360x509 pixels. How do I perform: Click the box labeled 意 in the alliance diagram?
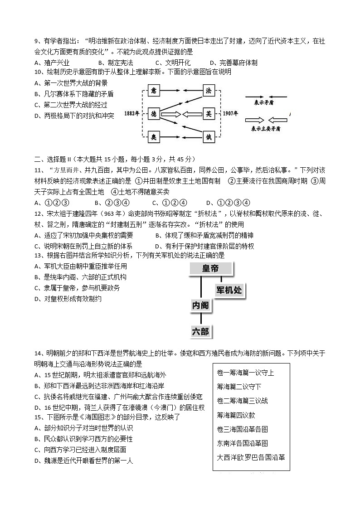(153, 91)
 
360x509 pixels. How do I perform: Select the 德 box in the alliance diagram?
(153, 113)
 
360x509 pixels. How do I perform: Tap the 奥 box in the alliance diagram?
(153, 136)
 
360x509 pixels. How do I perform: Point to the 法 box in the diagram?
(208, 91)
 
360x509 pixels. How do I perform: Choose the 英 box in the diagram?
(208, 113)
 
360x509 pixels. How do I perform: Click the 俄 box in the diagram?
(208, 136)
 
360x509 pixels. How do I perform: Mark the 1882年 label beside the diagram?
(131, 113)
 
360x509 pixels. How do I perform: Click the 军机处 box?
(229, 290)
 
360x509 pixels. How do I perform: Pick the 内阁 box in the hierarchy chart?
(200, 306)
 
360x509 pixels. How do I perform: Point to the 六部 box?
(200, 332)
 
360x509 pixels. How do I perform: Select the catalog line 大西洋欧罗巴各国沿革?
(251, 457)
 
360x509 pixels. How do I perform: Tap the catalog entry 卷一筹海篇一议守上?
(245, 373)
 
